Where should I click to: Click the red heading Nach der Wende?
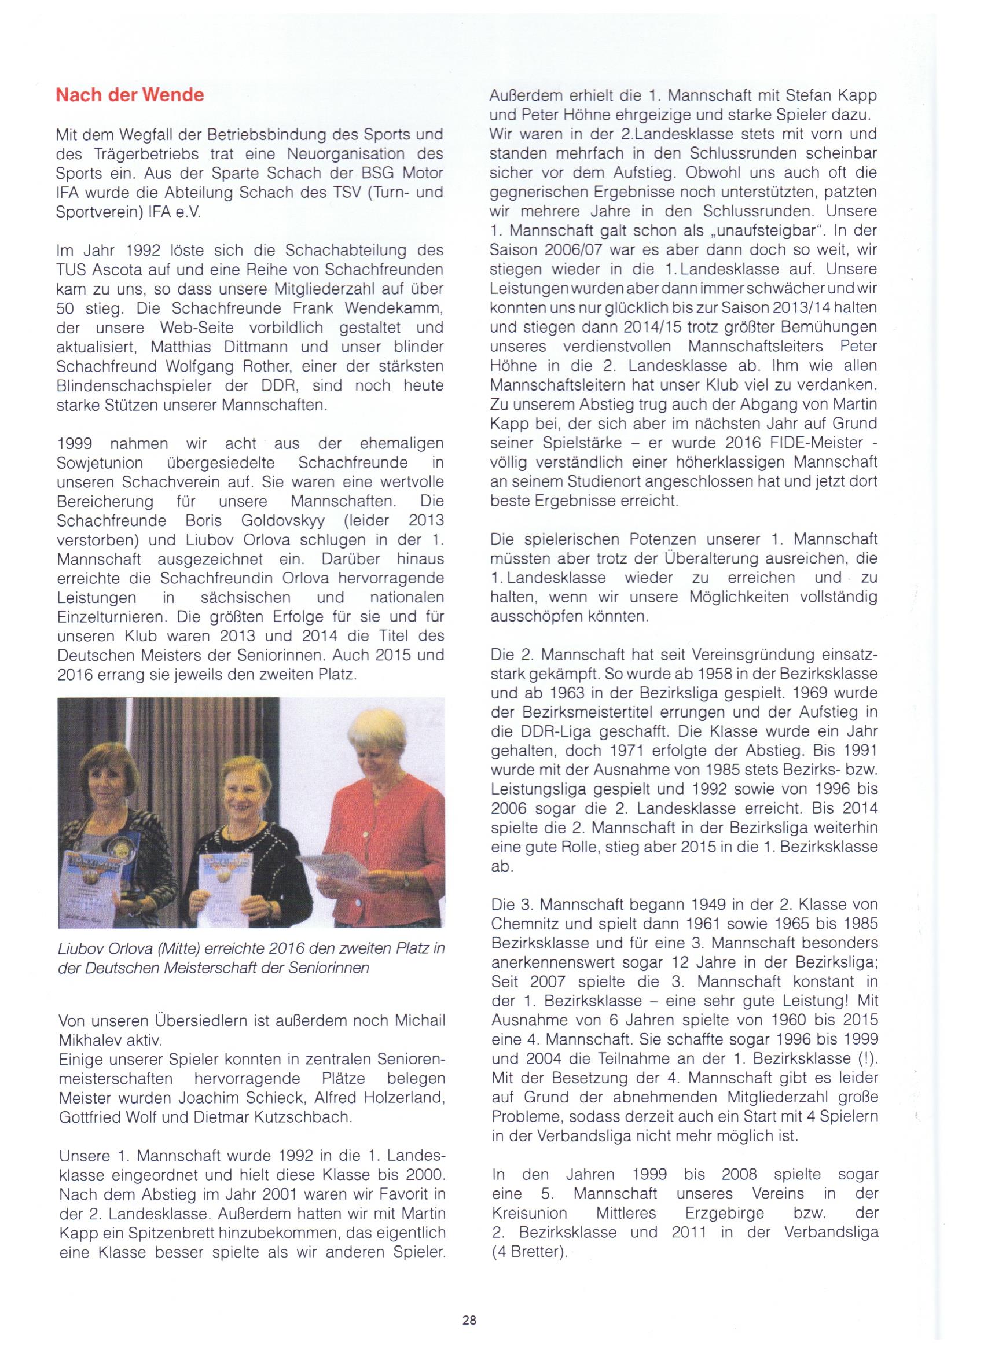130,95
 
